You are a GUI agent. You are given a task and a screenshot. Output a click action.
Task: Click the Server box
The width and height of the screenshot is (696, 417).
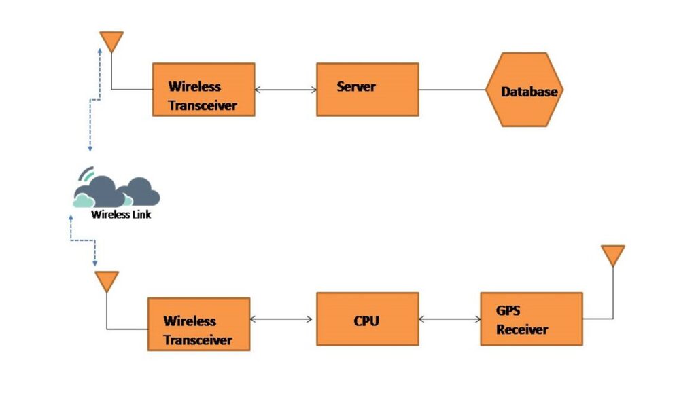[367, 89]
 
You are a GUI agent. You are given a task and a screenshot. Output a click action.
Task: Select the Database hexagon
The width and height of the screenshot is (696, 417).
[525, 91]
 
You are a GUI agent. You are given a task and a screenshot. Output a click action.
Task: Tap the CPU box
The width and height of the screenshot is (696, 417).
[367, 319]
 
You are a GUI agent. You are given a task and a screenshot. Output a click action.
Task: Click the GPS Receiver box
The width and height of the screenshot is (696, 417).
[531, 319]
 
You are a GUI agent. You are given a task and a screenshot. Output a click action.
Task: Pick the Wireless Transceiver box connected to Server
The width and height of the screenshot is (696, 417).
[203, 89]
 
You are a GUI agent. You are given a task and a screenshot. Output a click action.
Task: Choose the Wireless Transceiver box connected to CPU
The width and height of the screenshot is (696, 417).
[198, 323]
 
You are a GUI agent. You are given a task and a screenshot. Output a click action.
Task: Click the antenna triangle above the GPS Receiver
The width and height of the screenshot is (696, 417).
[612, 255]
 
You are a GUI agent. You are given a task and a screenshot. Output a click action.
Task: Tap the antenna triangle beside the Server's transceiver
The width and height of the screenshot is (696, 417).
[111, 41]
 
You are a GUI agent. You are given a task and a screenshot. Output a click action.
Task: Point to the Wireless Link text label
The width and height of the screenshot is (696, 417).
[121, 215]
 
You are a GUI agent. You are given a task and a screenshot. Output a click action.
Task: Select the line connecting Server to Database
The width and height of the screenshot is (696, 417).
[452, 89]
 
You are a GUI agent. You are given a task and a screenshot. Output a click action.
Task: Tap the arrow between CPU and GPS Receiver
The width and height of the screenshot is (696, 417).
[449, 319]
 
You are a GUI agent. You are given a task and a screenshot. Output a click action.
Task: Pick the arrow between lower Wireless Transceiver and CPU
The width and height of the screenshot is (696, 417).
[283, 319]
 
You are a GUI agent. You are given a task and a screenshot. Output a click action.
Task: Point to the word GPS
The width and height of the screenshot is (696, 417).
[508, 310]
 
